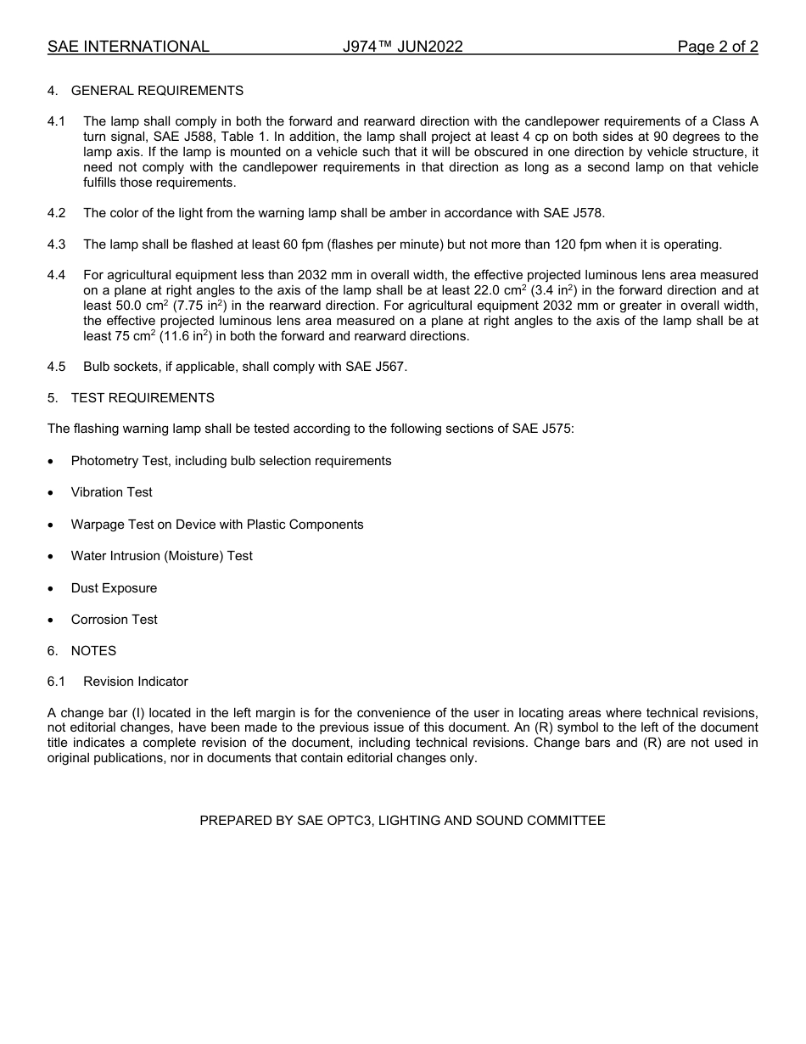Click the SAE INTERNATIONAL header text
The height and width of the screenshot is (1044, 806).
[x=128, y=47]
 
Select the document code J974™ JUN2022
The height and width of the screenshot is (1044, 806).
[x=403, y=47]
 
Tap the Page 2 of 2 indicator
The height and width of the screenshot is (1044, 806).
[x=717, y=47]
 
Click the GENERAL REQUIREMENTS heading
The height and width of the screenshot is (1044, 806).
[x=157, y=91]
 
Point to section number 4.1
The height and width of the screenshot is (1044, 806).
[x=57, y=121]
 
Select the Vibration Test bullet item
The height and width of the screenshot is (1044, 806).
[x=112, y=492]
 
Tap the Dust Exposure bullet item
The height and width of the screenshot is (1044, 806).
[x=114, y=588]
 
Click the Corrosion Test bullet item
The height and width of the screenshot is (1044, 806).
[x=114, y=620]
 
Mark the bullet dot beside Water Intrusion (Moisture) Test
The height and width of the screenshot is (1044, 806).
[x=52, y=557]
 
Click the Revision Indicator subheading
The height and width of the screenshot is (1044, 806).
[x=136, y=682]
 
